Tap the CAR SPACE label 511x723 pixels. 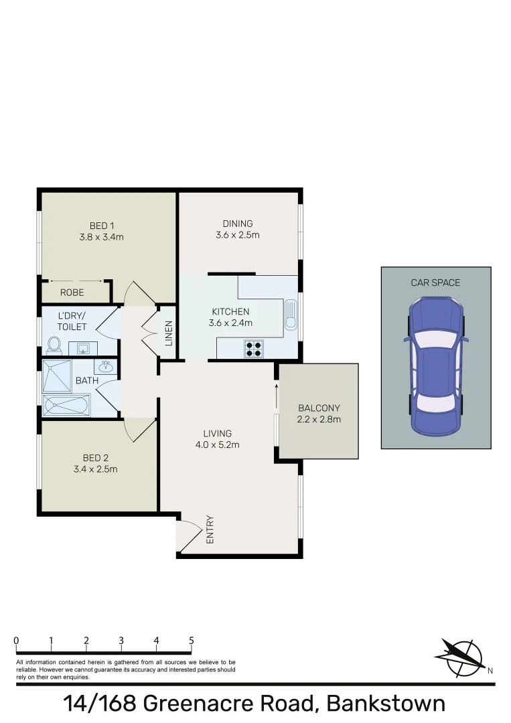click(435, 283)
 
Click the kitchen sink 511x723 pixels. click(290, 315)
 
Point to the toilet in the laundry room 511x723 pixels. click(54, 345)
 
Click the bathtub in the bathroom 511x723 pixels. click(66, 405)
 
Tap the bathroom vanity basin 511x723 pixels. click(106, 367)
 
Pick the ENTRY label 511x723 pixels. click(210, 528)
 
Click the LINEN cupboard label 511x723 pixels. click(169, 333)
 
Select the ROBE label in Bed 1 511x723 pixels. click(72, 293)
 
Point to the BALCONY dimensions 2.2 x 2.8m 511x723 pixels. click(319, 420)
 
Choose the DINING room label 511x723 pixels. click(238, 224)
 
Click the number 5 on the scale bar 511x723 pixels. click(192, 641)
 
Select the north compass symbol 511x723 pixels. click(461, 655)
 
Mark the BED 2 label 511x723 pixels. click(95, 458)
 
